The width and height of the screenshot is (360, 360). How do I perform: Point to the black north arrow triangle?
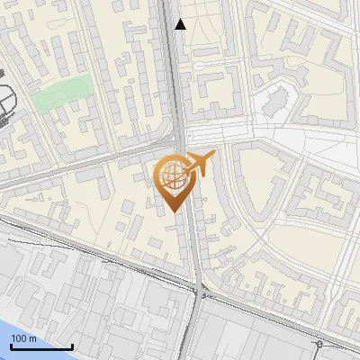(180, 24)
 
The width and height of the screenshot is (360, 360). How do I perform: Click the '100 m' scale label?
(24, 338)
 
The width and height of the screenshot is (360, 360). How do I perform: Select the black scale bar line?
(41, 346)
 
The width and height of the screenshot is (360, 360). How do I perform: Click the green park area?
(63, 93)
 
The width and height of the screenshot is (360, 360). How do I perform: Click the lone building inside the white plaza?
(277, 104)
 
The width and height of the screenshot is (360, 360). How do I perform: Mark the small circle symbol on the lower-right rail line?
(319, 344)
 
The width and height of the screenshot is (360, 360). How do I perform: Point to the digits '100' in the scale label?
(20, 338)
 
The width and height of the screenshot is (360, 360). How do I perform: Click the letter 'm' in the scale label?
(33, 338)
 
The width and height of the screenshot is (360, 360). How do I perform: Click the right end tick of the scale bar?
(72, 345)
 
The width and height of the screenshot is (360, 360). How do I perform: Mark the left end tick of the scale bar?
(11, 345)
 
